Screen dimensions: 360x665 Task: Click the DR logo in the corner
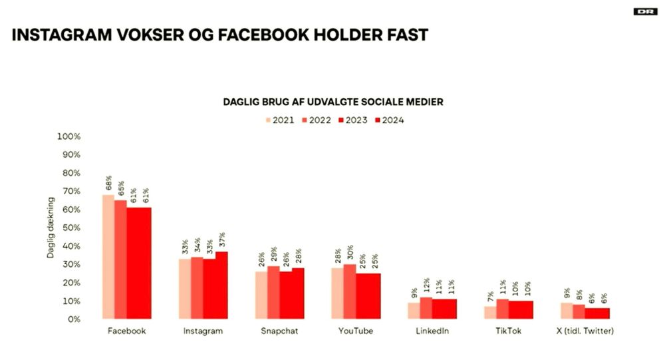pos(644,11)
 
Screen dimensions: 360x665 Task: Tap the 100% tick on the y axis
pos(69,136)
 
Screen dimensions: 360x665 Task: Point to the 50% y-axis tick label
pos(70,228)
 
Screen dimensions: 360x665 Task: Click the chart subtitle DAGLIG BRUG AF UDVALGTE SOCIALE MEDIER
pos(332,102)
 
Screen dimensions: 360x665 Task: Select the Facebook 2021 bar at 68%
pos(108,257)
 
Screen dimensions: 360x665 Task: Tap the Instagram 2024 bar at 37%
pos(221,285)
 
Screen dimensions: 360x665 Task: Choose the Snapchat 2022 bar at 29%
pos(273,292)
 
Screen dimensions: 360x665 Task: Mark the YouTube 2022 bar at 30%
pos(349,291)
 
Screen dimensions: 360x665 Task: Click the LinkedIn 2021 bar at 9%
pos(414,311)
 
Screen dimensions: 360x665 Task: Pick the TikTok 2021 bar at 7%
pos(489,312)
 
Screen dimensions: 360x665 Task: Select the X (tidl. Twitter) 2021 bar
pos(566,311)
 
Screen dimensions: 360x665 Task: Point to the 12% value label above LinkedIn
pos(426,287)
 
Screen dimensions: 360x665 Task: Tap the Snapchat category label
pos(279,331)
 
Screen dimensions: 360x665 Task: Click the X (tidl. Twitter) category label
pos(584,331)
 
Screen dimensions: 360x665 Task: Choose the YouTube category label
pos(355,331)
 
